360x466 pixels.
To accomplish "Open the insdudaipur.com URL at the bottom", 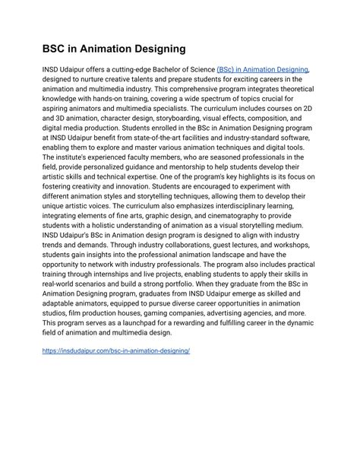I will pyautogui.click(x=115, y=351).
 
